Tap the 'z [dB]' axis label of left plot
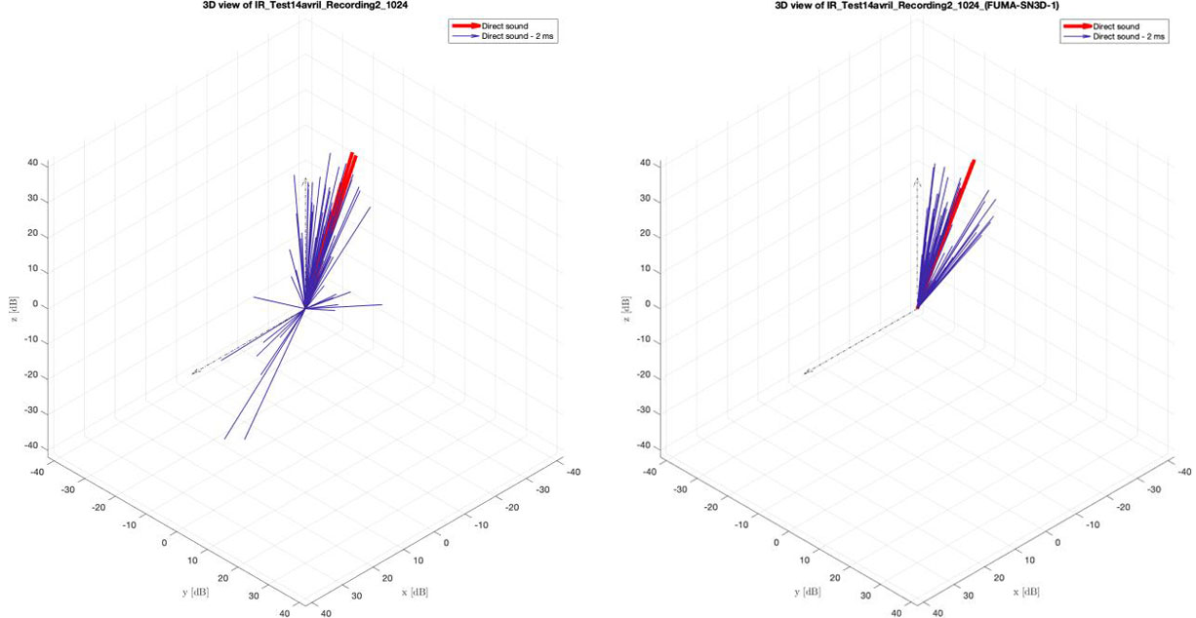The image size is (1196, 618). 13,304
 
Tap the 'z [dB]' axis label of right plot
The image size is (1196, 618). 624,304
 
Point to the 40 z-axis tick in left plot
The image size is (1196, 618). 32,163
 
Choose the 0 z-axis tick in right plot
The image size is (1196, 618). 647,305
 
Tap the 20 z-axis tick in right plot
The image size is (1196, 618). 644,234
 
